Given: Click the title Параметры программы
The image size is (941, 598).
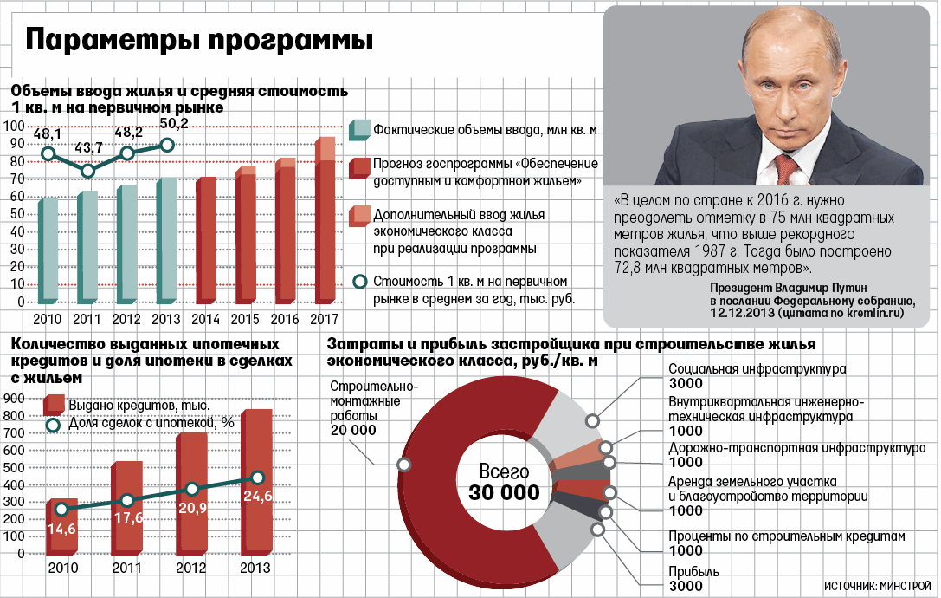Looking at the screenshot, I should [x=200, y=42].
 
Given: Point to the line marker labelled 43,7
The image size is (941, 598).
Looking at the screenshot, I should [x=87, y=171].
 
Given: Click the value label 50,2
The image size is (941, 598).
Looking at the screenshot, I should [x=173, y=125].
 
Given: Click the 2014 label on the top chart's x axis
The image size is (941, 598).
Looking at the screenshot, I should [x=205, y=318].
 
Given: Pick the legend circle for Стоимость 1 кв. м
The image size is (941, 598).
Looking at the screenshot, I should [x=360, y=282].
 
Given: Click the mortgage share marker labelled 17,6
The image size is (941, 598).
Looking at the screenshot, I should [x=127, y=501].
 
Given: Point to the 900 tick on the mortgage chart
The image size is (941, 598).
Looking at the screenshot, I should [x=14, y=398].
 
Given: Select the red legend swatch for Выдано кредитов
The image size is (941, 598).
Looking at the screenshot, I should [x=55, y=404].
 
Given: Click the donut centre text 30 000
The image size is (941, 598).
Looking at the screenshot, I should [x=504, y=493].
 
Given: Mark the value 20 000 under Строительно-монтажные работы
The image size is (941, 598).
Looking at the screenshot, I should [x=352, y=430].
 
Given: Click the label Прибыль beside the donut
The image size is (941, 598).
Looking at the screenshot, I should [x=693, y=572].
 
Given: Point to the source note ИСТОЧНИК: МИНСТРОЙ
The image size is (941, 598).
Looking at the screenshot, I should [x=877, y=585].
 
